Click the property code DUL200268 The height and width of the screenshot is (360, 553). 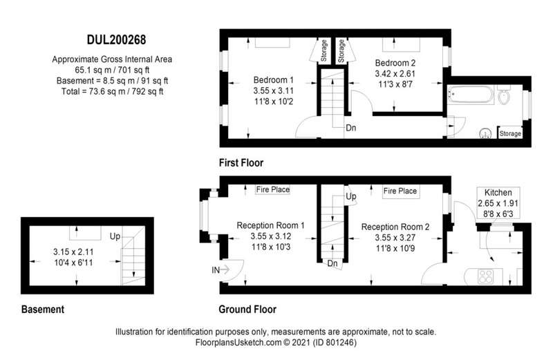pos(116,40)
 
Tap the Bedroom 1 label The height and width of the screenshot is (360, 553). pos(273,79)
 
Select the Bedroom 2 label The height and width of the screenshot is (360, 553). pos(395,63)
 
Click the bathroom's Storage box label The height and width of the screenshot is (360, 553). pos(510,133)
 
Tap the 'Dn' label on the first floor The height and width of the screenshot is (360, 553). pos(351,128)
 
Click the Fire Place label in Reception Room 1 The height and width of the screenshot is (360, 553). pos(272,190)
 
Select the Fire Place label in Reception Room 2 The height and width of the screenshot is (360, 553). pos(400,191)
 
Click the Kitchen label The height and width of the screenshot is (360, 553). pos(498,193)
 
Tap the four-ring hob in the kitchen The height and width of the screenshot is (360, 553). pos(485,276)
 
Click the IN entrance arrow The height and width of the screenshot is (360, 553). pos(221,270)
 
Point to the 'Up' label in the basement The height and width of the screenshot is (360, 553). pos(115,236)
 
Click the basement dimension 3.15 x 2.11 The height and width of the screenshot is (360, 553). pos(73,252)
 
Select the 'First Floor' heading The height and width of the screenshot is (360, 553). pos(241,163)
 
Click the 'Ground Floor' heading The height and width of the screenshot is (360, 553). pos(247,310)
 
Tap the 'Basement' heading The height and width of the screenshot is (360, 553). pos(43,310)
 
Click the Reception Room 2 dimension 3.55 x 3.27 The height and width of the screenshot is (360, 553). pos(395,238)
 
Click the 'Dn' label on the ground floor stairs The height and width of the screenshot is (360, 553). pos(332,263)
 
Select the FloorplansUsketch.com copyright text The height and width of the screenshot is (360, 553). pos(276,342)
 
